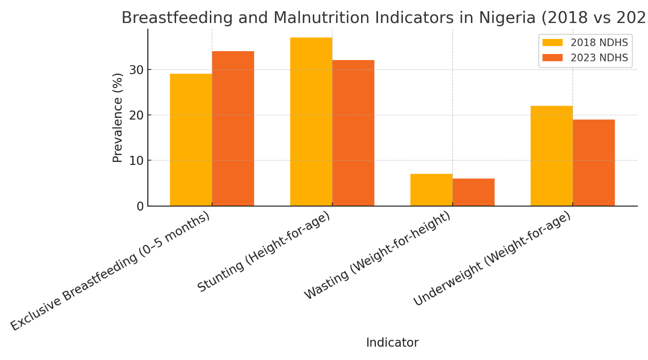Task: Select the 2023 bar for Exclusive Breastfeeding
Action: coord(233,129)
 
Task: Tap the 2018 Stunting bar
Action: coord(311,122)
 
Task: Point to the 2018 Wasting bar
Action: coord(431,190)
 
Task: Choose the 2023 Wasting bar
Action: coord(473,192)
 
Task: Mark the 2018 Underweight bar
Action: coord(551,156)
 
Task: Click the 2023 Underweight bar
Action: coord(594,163)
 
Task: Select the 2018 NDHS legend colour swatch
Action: coord(552,43)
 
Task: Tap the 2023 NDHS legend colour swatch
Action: coord(552,58)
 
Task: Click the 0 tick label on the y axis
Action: coord(140,207)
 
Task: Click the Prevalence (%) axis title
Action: coord(117,117)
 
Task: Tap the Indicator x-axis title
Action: coord(392,343)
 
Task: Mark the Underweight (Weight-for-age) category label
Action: coord(492,259)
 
